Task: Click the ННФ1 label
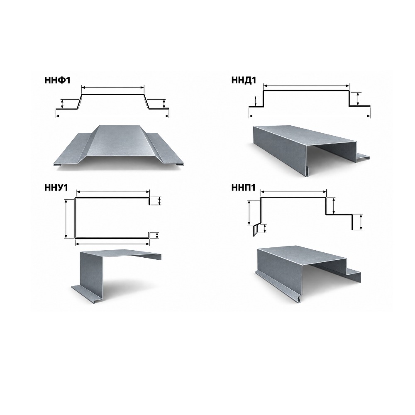(x=57, y=80)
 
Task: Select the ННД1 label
(x=244, y=80)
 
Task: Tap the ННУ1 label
(x=56, y=188)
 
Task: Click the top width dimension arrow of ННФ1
(x=113, y=87)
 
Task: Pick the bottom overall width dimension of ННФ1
(x=112, y=116)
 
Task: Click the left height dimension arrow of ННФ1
(x=62, y=104)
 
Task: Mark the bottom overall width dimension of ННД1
(x=310, y=116)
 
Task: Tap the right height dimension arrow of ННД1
(x=358, y=99)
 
